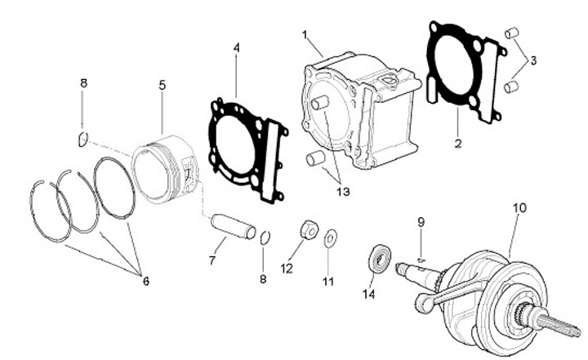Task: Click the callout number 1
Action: (x=305, y=35)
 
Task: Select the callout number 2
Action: (x=458, y=144)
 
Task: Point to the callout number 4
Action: (x=236, y=48)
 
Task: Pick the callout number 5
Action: (x=163, y=84)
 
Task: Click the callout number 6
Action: (x=146, y=281)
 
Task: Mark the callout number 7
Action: (x=212, y=261)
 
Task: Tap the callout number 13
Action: (x=341, y=192)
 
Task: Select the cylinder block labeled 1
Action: (x=359, y=110)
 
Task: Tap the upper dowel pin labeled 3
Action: (x=512, y=33)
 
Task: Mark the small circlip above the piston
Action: (x=82, y=139)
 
